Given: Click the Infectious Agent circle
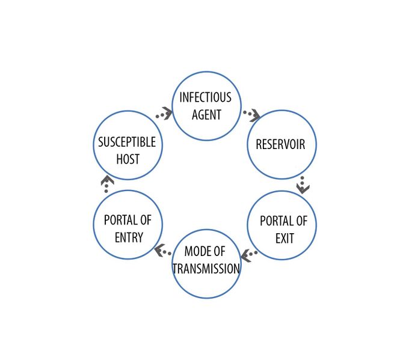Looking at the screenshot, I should pyautogui.click(x=206, y=106).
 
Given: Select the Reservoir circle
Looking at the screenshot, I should pyautogui.click(x=281, y=144).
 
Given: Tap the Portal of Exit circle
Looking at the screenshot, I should pyautogui.click(x=281, y=225).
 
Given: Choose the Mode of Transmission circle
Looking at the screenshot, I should pyautogui.click(x=206, y=263).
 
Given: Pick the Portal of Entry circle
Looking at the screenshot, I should pyautogui.click(x=128, y=225).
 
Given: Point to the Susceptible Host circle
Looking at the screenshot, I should pyautogui.click(x=128, y=145).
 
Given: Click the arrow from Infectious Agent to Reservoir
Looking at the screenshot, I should pyautogui.click(x=251, y=114).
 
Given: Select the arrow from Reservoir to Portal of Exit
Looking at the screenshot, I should pyautogui.click(x=303, y=185).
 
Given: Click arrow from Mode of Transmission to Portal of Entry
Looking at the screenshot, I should pyautogui.click(x=162, y=251).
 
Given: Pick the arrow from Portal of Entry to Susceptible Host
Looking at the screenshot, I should pyautogui.click(x=107, y=183).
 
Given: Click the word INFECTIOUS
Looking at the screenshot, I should pyautogui.click(x=205, y=97).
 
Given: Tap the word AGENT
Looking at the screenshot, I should pyautogui.click(x=206, y=115).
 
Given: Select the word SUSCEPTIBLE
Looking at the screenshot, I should pyautogui.click(x=127, y=142).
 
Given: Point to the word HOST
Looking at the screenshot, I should pyautogui.click(x=128, y=159).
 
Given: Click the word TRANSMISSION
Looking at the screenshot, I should pyautogui.click(x=206, y=269).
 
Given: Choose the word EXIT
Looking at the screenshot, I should pyautogui.click(x=284, y=239).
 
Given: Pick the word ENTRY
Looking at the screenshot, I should pyautogui.click(x=129, y=237).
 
